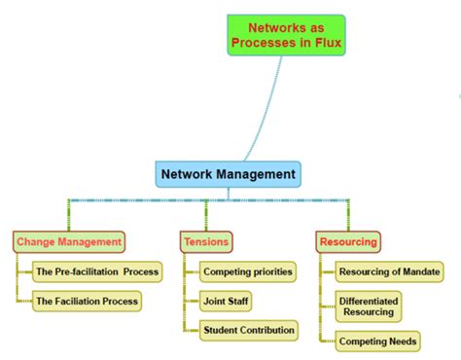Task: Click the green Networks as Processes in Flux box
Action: [287, 35]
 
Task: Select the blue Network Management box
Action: [229, 175]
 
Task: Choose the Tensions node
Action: [205, 241]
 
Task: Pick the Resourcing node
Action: [347, 241]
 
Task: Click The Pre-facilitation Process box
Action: [96, 271]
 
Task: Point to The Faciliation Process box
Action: [87, 302]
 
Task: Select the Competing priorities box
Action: [247, 271]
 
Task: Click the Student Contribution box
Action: [248, 331]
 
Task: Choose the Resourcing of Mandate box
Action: [390, 271]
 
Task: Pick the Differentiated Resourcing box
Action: [369, 307]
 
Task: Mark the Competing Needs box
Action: [378, 342]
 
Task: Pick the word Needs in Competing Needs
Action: [401, 342]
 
